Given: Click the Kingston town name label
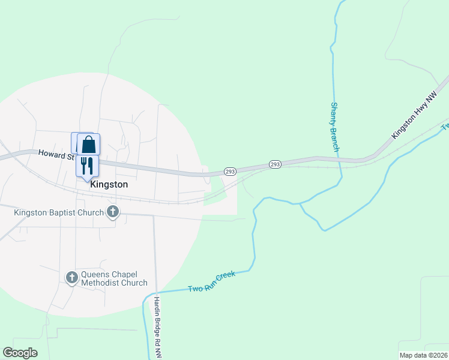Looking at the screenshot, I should tap(109, 185).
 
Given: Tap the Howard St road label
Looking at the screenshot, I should tap(55, 155).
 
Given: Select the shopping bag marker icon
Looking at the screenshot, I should tap(89, 145).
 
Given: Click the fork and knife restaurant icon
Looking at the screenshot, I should tap(87, 164).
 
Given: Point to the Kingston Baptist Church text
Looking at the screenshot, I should tap(58, 212).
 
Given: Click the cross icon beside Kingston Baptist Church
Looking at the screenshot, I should tap(112, 211).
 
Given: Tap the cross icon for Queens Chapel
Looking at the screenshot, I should tap(71, 277).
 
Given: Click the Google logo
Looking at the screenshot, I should tap(20, 353).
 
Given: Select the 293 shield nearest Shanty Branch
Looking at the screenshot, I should tap(275, 164).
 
